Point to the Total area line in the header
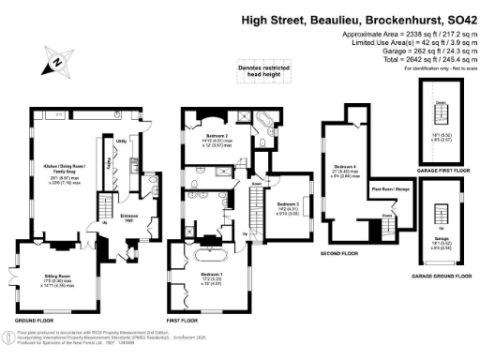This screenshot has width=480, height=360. tap(413, 60)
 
